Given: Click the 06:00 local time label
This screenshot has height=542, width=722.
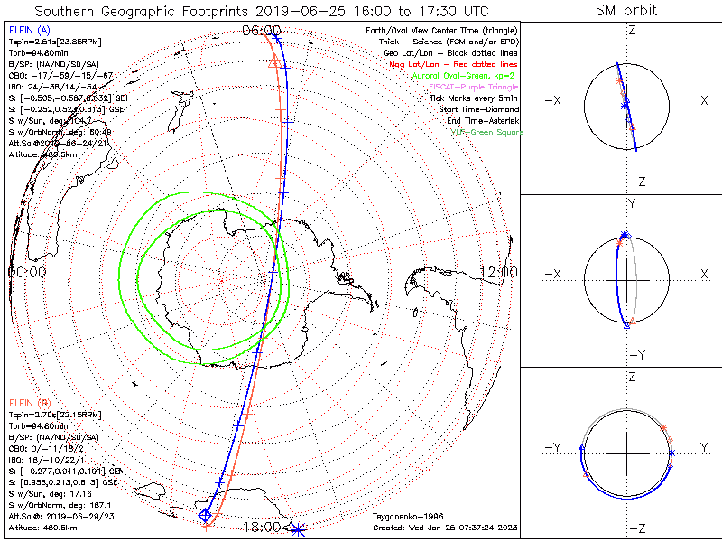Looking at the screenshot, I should pyautogui.click(x=262, y=31).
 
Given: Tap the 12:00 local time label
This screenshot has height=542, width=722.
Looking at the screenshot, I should pyautogui.click(x=498, y=271).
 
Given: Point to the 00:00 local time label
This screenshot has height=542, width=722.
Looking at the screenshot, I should pyautogui.click(x=26, y=271).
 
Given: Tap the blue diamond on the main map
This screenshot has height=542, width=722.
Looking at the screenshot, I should pyautogui.click(x=205, y=515).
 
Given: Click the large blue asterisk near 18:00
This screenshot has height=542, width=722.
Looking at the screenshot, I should pyautogui.click(x=297, y=528).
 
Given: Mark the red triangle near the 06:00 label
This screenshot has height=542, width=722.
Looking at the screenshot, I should pyautogui.click(x=273, y=61).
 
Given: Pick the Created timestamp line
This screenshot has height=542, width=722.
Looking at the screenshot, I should pyautogui.click(x=447, y=528).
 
